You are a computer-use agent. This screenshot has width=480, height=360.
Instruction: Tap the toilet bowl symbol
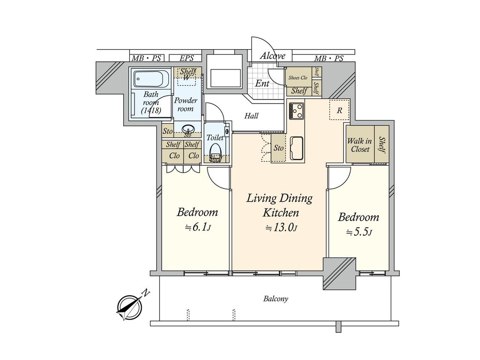click(x=216, y=150)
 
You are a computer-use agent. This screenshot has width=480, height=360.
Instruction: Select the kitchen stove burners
click(x=297, y=111)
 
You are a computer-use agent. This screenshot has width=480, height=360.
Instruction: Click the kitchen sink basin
click(x=297, y=149)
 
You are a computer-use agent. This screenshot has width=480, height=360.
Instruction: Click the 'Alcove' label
click(x=273, y=56)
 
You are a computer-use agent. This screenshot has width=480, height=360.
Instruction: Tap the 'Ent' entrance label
click(x=262, y=83)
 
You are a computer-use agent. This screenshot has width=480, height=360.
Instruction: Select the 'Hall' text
click(x=251, y=116)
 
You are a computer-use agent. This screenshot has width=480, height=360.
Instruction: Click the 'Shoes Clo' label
click(x=298, y=78)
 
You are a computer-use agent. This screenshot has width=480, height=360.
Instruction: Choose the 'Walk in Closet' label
click(x=360, y=145)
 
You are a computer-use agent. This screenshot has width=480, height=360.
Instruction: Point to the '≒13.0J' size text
click(x=281, y=227)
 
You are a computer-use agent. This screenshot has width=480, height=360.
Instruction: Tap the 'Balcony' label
click(x=276, y=299)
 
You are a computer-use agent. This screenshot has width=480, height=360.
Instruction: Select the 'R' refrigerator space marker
click(x=339, y=110)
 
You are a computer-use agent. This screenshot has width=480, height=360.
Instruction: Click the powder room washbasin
click(x=187, y=128)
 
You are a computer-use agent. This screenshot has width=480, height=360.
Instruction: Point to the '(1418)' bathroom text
click(x=151, y=110)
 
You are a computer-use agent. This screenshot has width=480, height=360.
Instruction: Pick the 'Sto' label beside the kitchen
click(x=278, y=148)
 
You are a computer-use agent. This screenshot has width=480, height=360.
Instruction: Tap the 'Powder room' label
click(x=186, y=105)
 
